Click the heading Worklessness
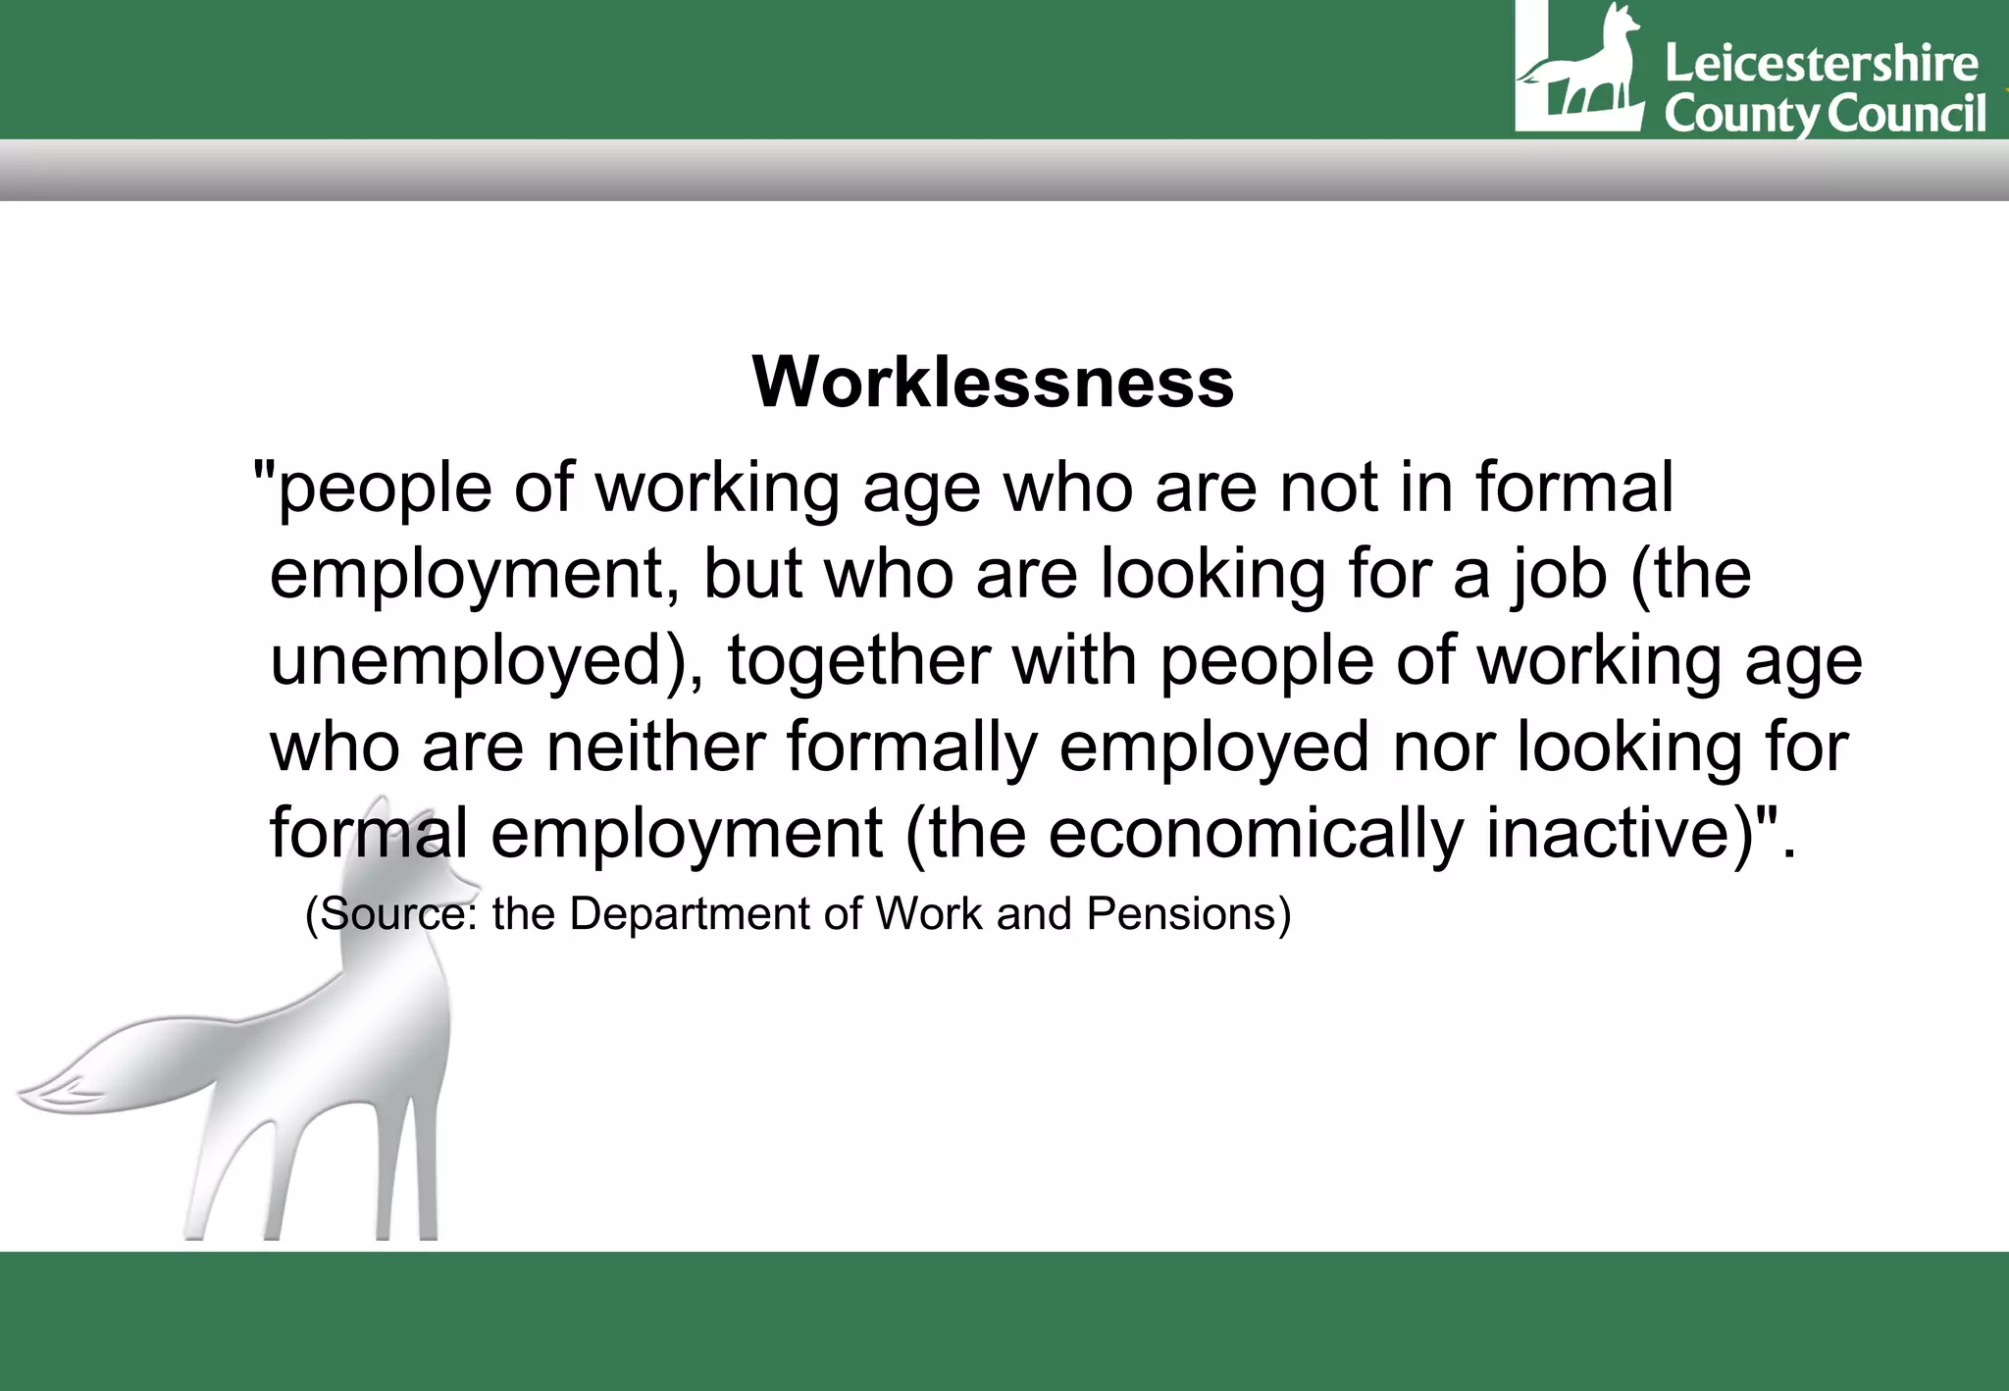coord(993,382)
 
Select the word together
coord(857,661)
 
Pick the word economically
coord(1255,833)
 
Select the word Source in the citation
coord(392,914)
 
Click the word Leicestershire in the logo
coord(1822,65)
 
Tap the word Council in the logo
coord(1907,114)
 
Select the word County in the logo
coord(1741,115)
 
